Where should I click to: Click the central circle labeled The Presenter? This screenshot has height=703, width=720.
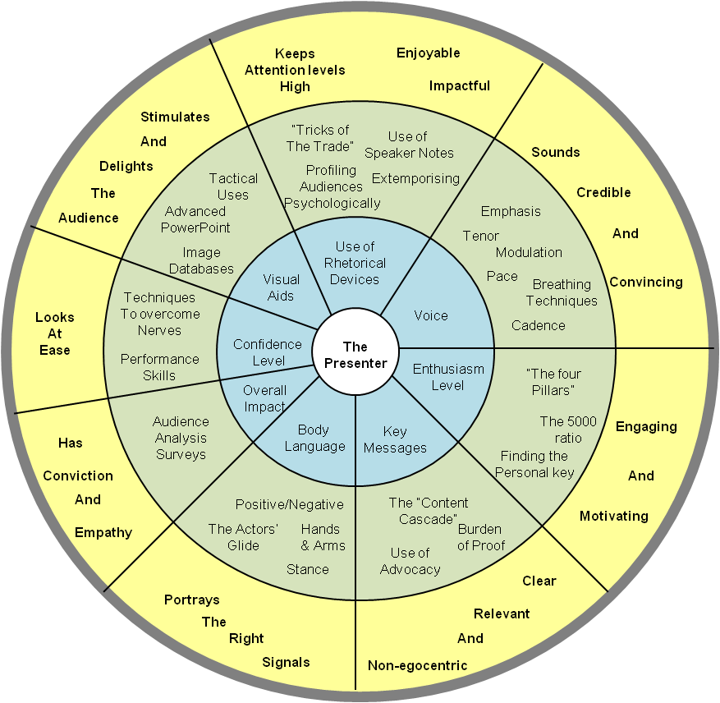[x=354, y=355]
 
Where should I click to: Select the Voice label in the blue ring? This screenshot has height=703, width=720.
[x=431, y=315]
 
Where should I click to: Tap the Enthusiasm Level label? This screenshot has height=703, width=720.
[x=448, y=377]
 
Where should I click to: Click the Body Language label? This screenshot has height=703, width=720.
[x=314, y=438]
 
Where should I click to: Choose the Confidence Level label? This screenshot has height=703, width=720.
[x=268, y=352]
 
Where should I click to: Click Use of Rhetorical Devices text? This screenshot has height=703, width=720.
[x=355, y=263]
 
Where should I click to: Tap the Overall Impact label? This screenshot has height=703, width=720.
[x=264, y=398]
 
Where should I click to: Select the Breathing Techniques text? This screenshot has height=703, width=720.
[x=562, y=292]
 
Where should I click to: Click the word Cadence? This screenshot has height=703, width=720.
[x=538, y=325]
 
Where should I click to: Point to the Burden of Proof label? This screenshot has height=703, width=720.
[x=479, y=537]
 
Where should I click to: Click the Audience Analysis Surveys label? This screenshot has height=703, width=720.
[x=181, y=438]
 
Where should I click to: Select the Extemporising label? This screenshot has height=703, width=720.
[x=415, y=178]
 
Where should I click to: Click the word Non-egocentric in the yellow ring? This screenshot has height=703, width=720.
[x=417, y=665]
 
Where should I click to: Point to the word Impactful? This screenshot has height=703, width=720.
[x=459, y=85]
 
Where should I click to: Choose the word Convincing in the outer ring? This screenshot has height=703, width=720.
[x=645, y=282]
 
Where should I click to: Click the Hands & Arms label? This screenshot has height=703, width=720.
[x=323, y=537]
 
